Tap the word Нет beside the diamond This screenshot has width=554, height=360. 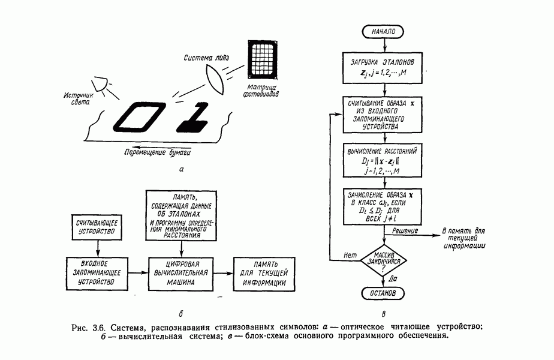[x=351, y=254]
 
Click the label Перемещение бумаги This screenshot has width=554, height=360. [x=160, y=151]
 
